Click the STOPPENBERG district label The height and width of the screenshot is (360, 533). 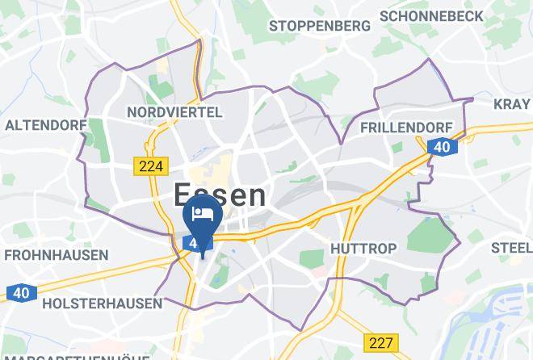(320, 25)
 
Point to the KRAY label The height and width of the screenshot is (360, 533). (512, 103)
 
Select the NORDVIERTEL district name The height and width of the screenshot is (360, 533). (174, 112)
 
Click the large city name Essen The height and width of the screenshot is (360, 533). (219, 195)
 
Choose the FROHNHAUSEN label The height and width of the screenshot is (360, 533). (56, 255)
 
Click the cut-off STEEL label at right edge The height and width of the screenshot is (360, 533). (511, 247)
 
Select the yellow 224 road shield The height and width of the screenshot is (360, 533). (149, 166)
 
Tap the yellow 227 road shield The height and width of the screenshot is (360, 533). (380, 342)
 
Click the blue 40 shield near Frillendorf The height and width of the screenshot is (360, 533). (441, 146)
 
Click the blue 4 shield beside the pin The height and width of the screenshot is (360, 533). (192, 242)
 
